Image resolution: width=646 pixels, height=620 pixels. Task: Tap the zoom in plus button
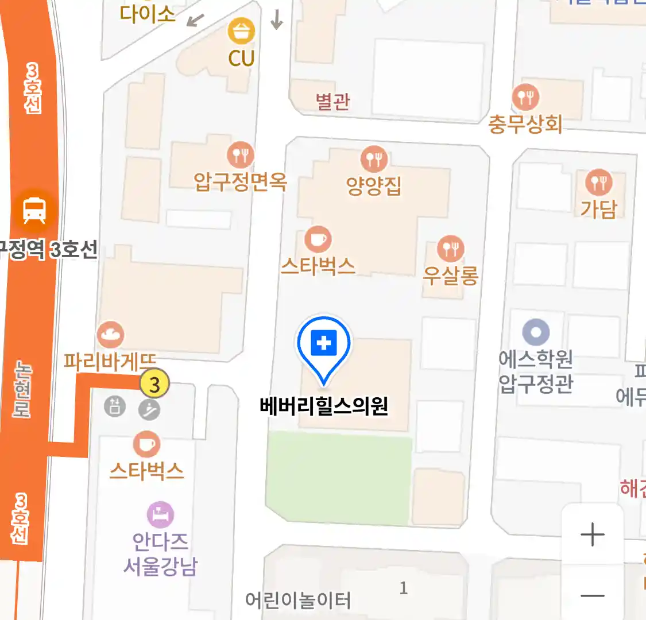(592, 535)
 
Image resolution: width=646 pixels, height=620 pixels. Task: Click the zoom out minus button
(592, 595)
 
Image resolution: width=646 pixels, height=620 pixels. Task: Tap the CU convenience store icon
(241, 32)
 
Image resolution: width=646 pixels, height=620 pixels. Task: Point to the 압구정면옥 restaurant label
(240, 181)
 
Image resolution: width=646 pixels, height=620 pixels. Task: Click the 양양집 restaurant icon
(374, 159)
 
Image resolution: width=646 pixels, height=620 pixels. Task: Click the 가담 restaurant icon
(599, 183)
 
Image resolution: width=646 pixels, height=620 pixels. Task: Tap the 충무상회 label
(525, 124)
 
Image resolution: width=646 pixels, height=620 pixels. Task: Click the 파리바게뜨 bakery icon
(110, 334)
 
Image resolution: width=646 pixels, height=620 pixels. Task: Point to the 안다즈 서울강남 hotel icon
(160, 515)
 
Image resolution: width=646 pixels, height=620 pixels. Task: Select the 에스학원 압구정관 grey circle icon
(536, 332)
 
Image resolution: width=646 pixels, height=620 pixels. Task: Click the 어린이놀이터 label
(297, 600)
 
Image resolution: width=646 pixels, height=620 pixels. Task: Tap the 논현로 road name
(22, 389)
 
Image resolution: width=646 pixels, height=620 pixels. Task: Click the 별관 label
(332, 101)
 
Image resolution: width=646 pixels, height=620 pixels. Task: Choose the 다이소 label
(147, 14)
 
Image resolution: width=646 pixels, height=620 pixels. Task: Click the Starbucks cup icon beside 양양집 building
(318, 239)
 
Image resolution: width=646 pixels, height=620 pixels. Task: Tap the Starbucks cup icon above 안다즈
(147, 444)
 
